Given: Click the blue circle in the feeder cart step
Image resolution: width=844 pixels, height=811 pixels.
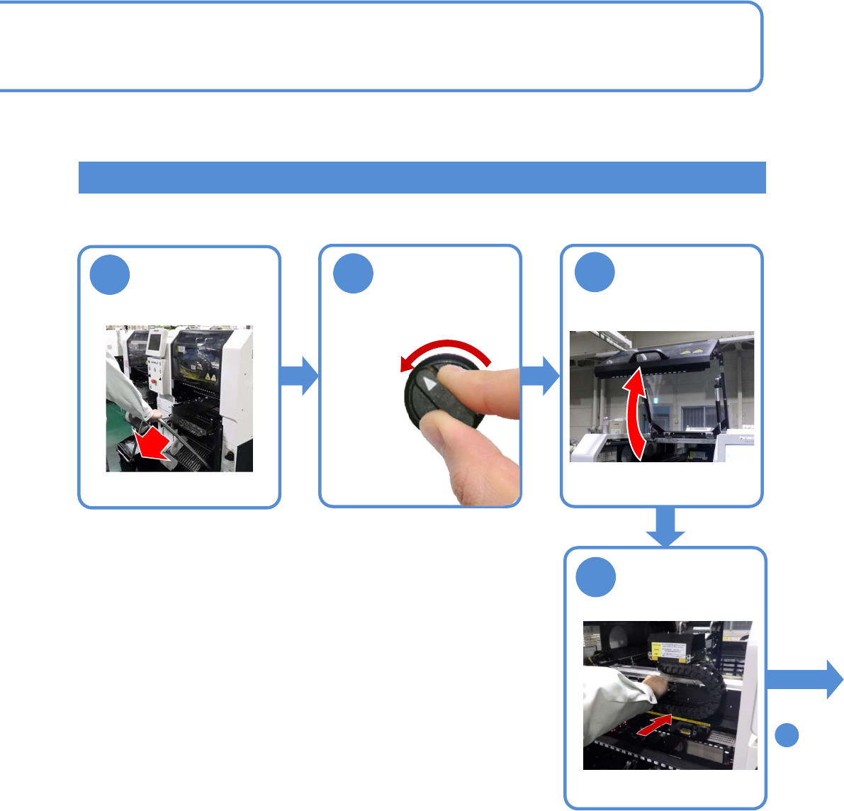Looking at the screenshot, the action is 110,276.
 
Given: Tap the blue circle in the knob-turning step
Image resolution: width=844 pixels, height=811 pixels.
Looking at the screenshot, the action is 353,274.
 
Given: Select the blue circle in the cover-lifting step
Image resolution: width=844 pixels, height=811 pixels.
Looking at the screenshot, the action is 595,273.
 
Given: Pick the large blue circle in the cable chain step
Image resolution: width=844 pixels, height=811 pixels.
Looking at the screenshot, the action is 595,577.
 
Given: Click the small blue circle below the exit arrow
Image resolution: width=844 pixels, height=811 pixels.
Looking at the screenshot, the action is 787,735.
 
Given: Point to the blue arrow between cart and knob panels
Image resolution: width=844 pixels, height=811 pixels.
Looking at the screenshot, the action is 300,376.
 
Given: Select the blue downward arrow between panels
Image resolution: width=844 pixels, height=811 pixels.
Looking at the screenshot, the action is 665,527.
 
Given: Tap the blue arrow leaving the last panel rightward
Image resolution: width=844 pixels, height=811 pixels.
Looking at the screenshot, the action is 805,678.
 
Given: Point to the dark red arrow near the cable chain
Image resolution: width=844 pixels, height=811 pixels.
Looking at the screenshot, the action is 654,726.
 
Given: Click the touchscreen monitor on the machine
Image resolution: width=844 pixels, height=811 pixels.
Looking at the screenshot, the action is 154,343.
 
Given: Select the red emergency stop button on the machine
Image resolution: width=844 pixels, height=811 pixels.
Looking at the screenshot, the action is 154,378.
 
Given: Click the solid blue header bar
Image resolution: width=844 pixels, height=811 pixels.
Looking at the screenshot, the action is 422,177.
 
